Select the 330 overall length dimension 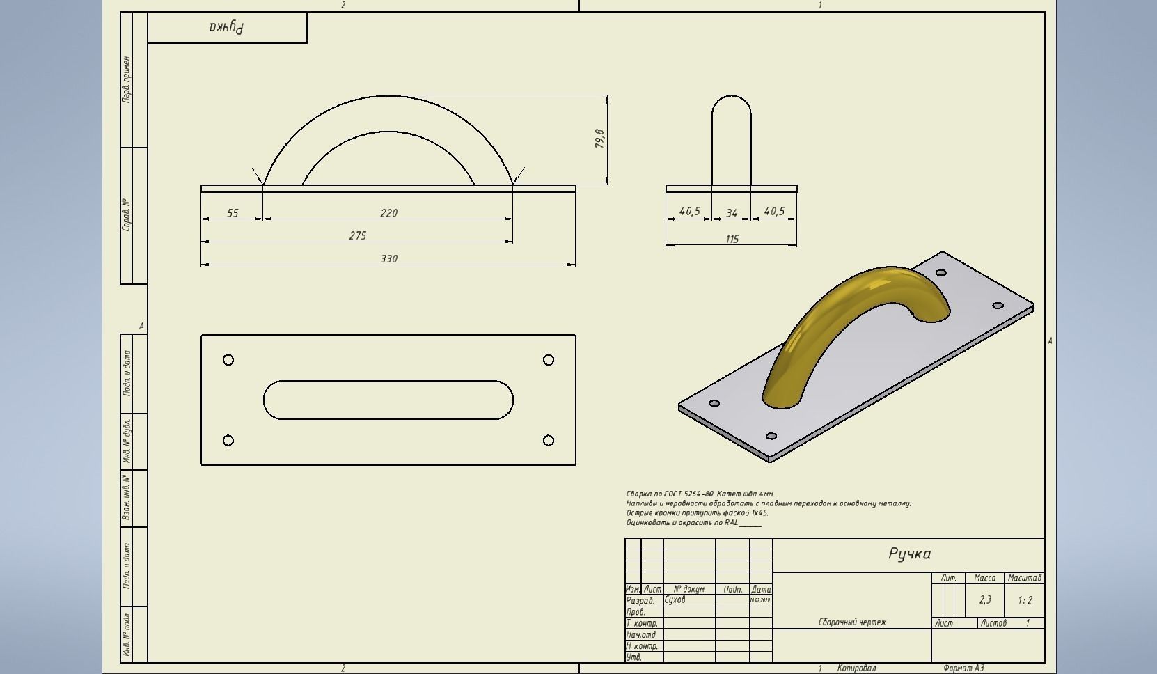(x=388, y=258)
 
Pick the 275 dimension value (x=357, y=235)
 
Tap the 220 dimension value (x=388, y=213)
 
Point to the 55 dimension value (x=233, y=213)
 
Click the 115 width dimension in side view (x=732, y=239)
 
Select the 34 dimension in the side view (x=731, y=213)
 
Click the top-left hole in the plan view (x=228, y=360)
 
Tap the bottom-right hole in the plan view (x=549, y=440)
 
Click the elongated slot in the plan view (x=388, y=400)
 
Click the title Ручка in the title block (x=909, y=554)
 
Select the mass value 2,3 (x=985, y=599)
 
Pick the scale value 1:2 (x=1025, y=600)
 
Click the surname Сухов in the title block (x=675, y=599)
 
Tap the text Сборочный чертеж (x=852, y=622)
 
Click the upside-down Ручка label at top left (x=227, y=28)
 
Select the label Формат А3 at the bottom (x=963, y=668)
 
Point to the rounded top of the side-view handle (x=732, y=101)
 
